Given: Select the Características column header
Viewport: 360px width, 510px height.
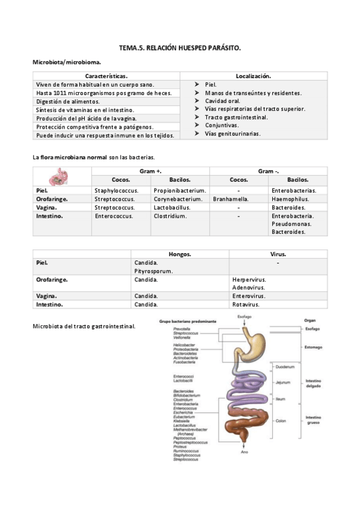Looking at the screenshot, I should click(x=106, y=76).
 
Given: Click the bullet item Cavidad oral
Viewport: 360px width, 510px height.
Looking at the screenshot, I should click(x=222, y=101).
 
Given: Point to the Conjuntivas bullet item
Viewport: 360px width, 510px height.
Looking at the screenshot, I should click(x=221, y=125).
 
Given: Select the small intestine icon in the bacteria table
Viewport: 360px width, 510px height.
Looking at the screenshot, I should click(x=59, y=176).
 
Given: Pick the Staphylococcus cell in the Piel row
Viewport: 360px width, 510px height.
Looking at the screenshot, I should click(x=117, y=191).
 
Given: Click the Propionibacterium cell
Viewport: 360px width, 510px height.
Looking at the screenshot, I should click(x=179, y=191).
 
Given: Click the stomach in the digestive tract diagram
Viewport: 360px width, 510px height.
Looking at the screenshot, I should click(x=254, y=346).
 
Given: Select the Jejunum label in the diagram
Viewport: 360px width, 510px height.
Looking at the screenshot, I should click(x=284, y=382).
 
